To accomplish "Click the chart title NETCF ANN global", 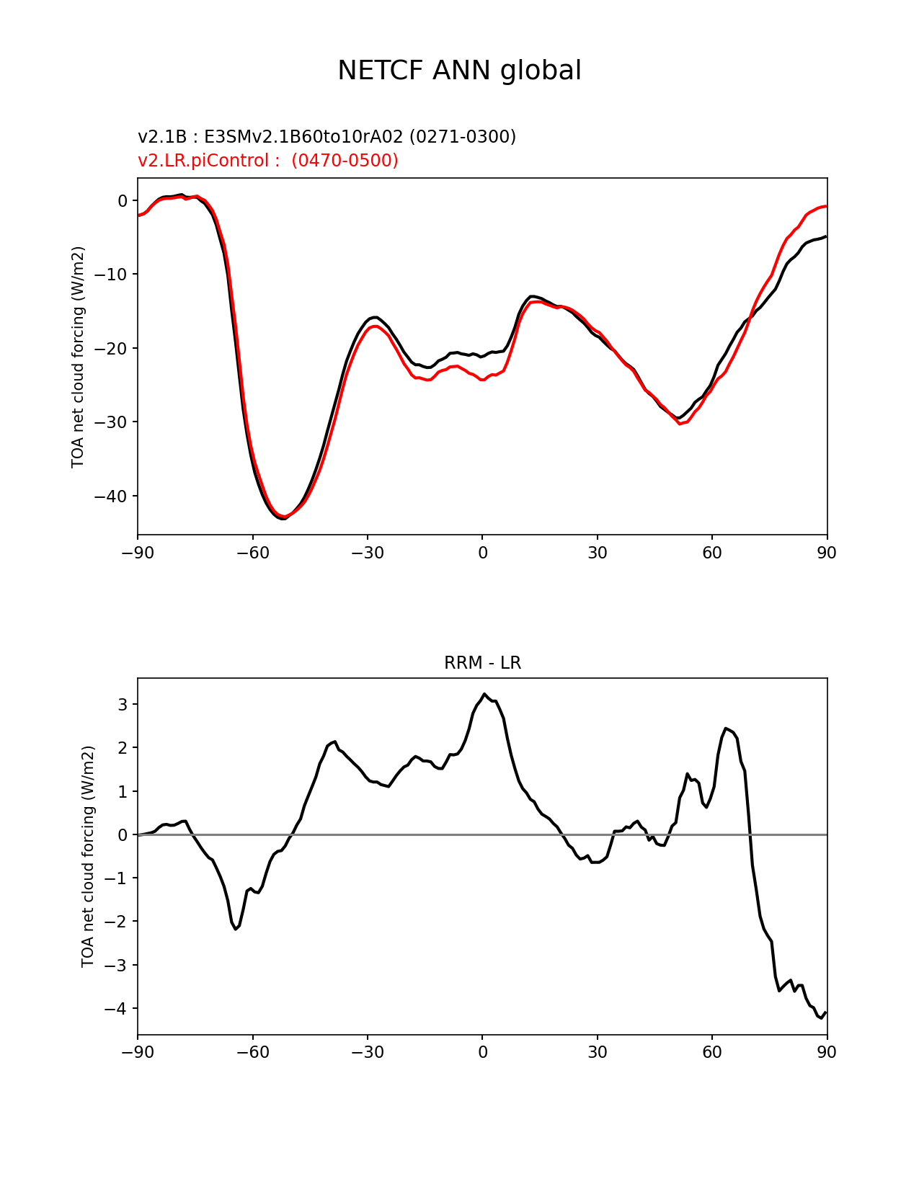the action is click(459, 71).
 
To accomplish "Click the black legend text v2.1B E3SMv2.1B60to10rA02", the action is click(327, 136).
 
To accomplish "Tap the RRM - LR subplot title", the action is click(482, 663).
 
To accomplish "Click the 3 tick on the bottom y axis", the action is click(123, 704).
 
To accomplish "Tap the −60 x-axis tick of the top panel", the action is click(253, 553).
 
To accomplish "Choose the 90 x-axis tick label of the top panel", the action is click(827, 553).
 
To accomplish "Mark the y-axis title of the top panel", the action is click(78, 357).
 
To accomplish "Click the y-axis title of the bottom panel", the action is click(88, 856).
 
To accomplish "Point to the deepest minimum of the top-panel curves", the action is click(283, 518).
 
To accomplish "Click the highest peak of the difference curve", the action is click(484, 694).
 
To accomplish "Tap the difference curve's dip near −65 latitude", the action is click(236, 929).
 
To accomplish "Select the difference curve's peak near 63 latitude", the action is click(726, 729).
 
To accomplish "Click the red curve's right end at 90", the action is click(826, 206).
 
